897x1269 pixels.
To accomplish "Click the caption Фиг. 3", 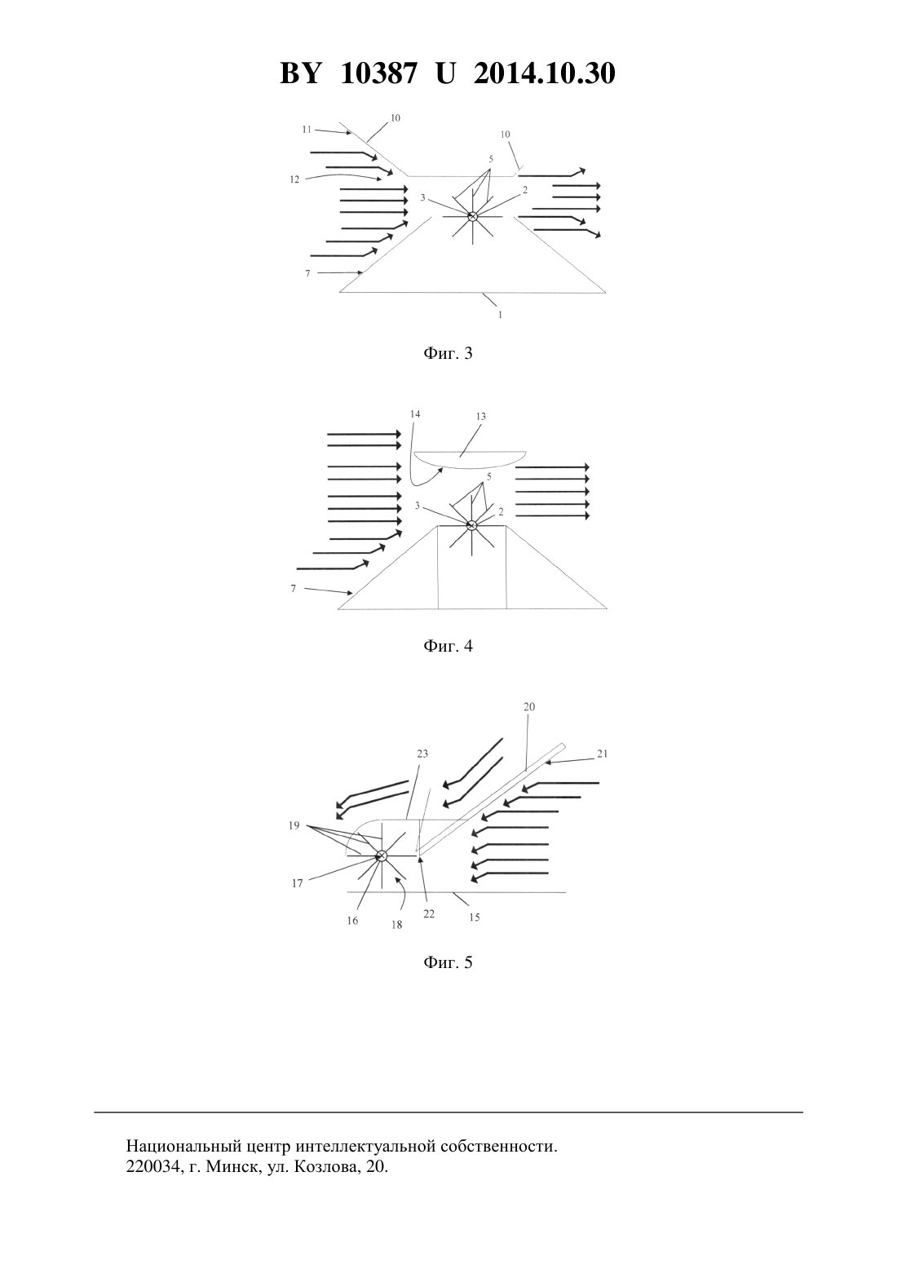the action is (448, 353).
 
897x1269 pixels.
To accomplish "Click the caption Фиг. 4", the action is (448, 646).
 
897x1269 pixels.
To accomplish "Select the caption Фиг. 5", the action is (448, 962).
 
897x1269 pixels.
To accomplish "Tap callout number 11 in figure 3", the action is (307, 130).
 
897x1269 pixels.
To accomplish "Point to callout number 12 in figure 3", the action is (294, 179).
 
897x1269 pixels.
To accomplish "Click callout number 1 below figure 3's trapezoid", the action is (500, 315).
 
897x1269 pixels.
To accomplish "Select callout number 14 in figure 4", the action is (415, 414).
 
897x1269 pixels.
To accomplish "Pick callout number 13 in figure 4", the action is (481, 417).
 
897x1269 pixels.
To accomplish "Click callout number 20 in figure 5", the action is (529, 706).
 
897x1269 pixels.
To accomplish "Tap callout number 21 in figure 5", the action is (602, 754).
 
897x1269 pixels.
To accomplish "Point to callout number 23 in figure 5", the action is (422, 754).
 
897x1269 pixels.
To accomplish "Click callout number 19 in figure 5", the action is (294, 825).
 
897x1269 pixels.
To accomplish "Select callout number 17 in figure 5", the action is (298, 883).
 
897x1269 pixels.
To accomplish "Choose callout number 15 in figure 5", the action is (475, 917).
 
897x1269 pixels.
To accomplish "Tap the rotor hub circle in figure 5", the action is (381, 856).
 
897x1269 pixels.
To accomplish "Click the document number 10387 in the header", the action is (379, 73).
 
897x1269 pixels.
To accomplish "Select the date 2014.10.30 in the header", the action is (544, 73).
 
